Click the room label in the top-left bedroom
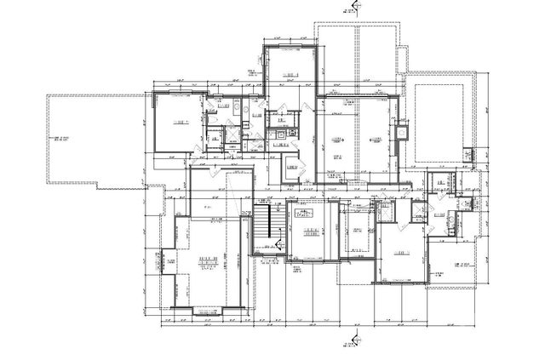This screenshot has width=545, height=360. (x=181, y=123)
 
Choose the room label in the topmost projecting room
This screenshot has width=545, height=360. (x=290, y=76)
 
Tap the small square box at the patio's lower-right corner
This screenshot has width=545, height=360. (x=468, y=154)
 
